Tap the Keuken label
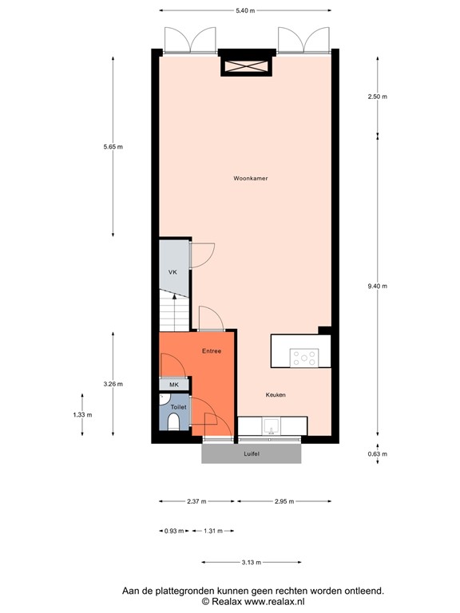pos(276,395)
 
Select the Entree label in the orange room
pos(211,350)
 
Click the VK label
pos(172,273)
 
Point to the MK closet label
pos(174,385)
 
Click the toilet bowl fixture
pos(174,421)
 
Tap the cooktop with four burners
pos(304,358)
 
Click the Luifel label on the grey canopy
pos(252,454)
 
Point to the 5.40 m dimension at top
pos(245,10)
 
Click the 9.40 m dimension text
pos(378,286)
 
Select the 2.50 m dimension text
pos(378,97)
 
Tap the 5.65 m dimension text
pos(113,147)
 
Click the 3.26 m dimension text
pos(113,384)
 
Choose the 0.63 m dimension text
pos(378,455)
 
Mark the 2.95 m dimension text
pos(284,501)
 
